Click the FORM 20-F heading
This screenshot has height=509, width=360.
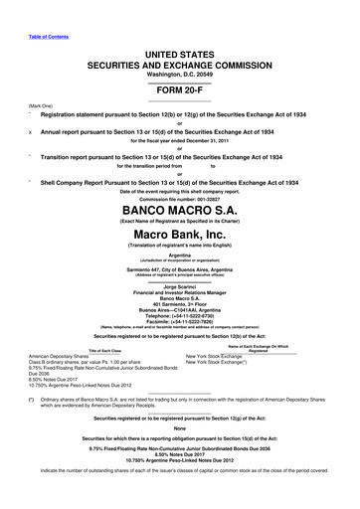pyautogui.click(x=179, y=85)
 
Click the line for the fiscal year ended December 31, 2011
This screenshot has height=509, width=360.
pyautogui.click(x=179, y=141)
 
